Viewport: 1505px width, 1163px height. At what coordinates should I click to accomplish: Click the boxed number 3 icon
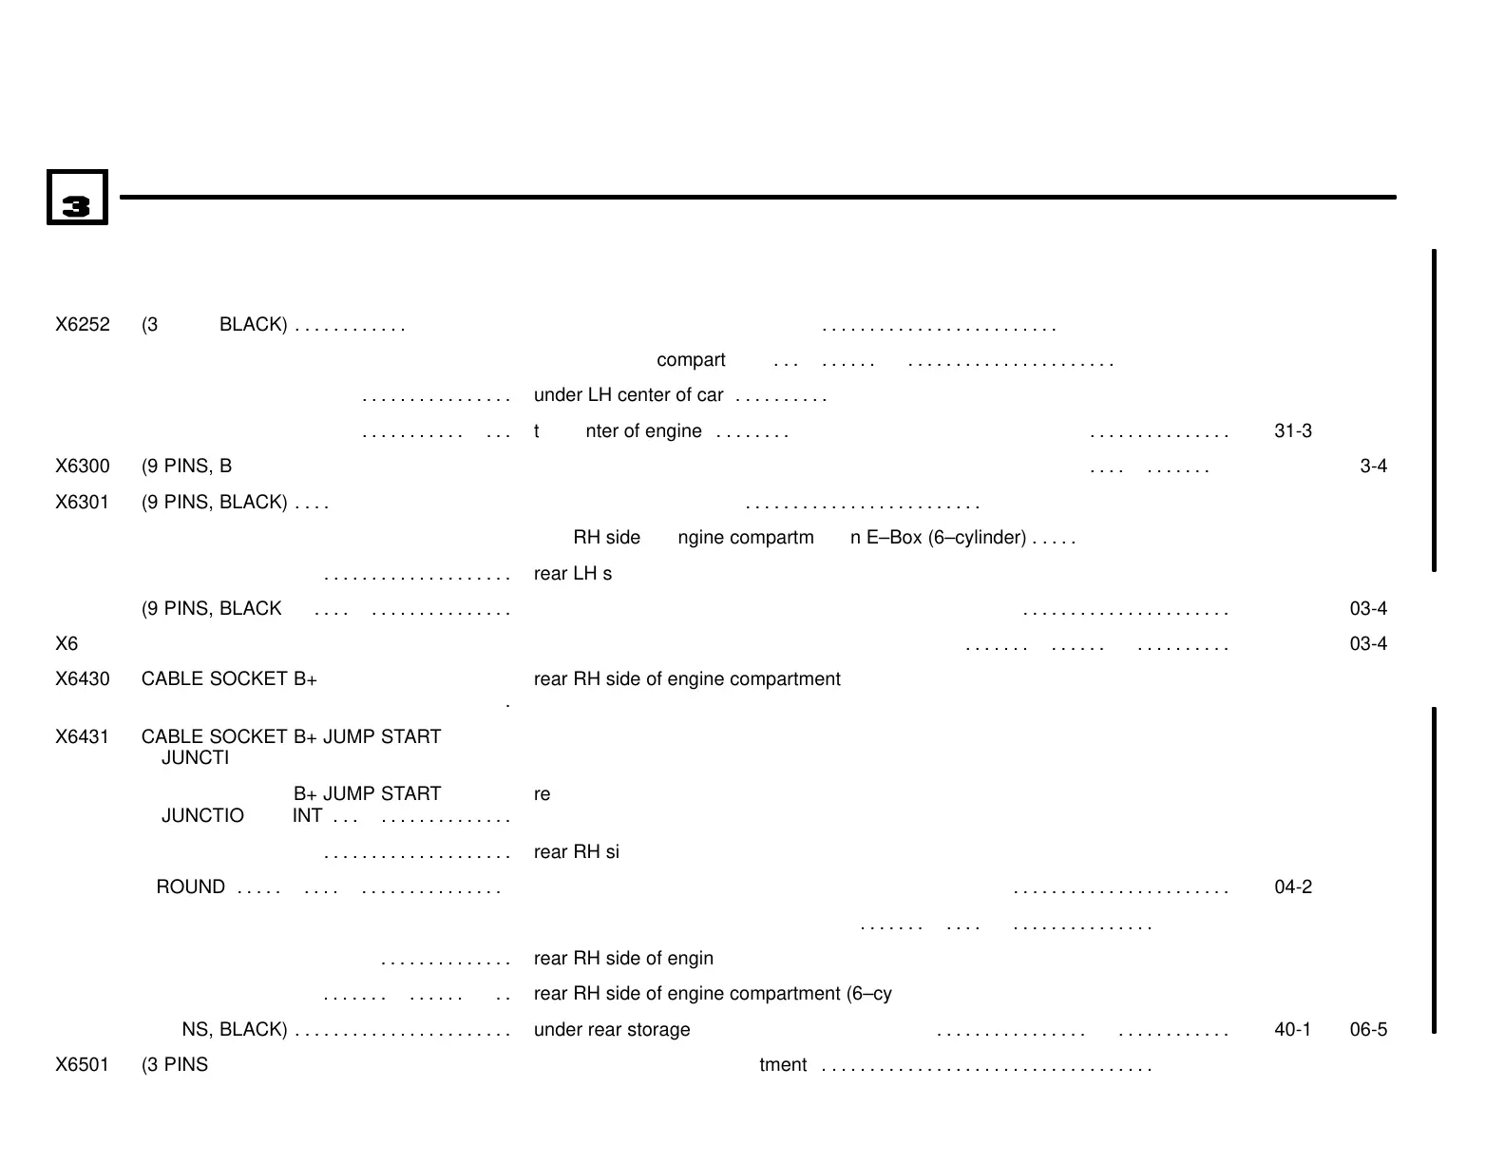[77, 198]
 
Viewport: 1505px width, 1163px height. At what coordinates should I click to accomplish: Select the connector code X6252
[83, 325]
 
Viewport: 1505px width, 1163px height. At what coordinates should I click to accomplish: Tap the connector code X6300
[83, 467]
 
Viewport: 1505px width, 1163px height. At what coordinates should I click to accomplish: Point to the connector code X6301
[83, 503]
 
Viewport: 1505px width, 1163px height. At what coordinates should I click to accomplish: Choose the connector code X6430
[83, 679]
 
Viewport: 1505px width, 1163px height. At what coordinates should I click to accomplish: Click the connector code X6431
[83, 737]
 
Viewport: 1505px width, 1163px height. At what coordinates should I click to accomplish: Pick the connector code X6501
[83, 1065]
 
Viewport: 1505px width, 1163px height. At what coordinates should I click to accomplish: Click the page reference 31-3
[1292, 431]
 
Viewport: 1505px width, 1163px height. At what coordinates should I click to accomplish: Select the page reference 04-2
[1292, 887]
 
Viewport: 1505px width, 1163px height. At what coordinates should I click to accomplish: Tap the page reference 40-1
[1292, 1030]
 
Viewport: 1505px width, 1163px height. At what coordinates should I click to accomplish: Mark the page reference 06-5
[1368, 1030]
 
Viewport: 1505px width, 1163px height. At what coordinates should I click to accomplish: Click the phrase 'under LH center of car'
[628, 395]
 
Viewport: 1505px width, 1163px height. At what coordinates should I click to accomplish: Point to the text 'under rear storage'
[612, 1030]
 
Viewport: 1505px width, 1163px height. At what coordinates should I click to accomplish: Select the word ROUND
[190, 887]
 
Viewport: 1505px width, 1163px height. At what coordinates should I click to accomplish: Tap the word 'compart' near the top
[691, 360]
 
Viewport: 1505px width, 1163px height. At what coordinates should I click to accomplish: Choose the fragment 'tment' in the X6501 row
[783, 1065]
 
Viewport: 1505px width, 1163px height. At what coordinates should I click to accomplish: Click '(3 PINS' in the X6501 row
[175, 1065]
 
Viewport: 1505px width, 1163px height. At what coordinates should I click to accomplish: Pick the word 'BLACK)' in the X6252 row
[253, 325]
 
